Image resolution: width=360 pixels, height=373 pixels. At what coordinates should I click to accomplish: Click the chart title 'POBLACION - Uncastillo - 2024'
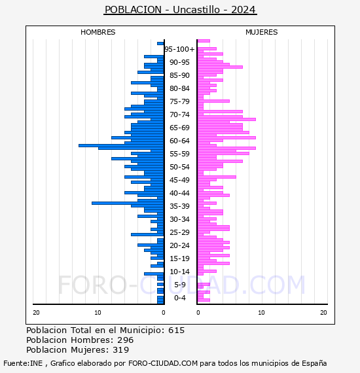(180, 10)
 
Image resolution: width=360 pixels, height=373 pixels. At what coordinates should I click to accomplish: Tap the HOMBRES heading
(98, 32)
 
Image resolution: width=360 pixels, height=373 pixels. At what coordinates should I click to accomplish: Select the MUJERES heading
(262, 32)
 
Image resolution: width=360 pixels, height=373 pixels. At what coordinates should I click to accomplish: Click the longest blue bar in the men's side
(121, 145)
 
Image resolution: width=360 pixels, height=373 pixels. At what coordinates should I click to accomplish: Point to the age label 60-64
(179, 141)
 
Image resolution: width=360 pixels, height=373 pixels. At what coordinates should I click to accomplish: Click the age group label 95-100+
(179, 49)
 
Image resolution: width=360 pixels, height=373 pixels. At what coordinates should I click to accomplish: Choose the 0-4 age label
(180, 298)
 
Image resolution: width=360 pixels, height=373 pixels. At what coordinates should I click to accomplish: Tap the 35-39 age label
(179, 206)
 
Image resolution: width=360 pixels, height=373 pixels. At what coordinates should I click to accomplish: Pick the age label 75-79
(179, 101)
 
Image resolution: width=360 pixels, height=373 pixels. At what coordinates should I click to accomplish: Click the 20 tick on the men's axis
(36, 313)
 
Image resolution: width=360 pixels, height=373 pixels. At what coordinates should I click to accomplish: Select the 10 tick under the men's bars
(98, 313)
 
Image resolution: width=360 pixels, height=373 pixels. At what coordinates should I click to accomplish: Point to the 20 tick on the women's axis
(323, 313)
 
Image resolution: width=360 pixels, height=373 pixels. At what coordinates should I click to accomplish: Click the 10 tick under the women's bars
(262, 313)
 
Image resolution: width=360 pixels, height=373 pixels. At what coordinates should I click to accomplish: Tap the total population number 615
(176, 330)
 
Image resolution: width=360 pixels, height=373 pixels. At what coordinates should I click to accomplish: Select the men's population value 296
(126, 340)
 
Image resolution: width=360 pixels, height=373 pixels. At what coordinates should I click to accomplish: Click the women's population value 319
(121, 350)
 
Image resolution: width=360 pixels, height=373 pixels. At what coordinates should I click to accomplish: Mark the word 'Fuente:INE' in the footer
(23, 363)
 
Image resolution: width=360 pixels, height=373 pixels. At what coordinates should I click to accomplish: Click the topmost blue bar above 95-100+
(160, 44)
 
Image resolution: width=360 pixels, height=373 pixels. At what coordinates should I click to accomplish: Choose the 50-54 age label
(179, 167)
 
